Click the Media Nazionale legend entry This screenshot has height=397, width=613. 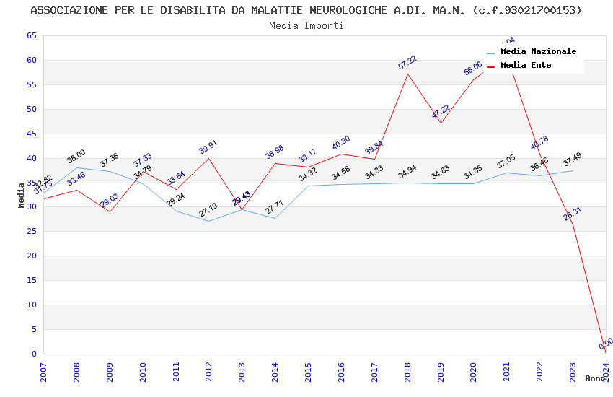[538, 52]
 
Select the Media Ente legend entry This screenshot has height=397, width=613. [526, 66]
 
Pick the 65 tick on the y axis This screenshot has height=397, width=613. [30, 36]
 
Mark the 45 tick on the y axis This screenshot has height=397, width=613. [30, 134]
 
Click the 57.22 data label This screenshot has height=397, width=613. [407, 63]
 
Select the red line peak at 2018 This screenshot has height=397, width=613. [407, 74]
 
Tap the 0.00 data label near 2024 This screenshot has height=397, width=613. [606, 343]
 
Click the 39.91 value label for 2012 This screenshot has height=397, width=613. [208, 147]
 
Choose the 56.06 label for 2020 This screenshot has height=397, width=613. [473, 69]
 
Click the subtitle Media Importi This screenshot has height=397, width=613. [306, 26]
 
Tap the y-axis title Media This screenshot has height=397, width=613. [22, 195]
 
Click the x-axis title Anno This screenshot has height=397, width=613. [595, 378]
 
